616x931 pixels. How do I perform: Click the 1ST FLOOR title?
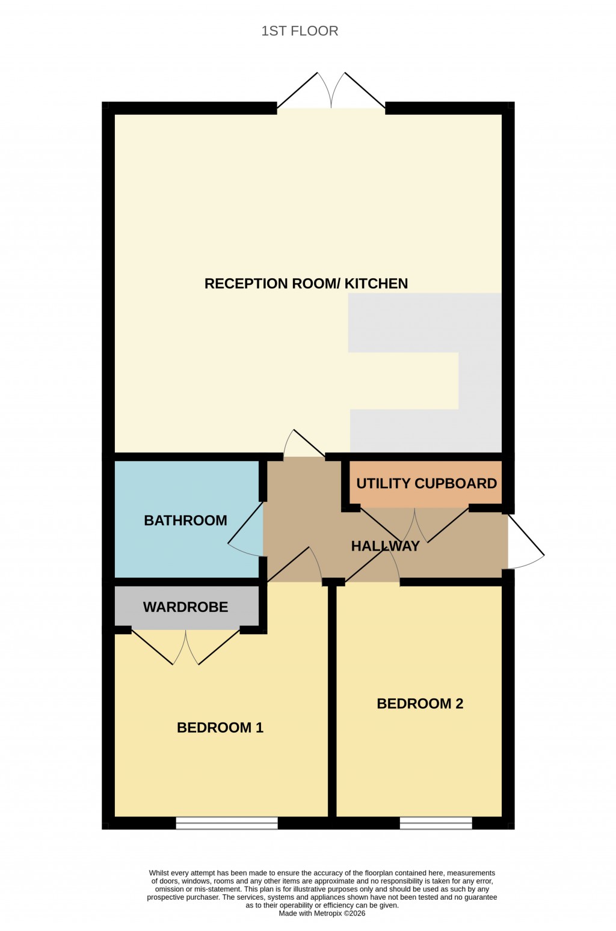300,31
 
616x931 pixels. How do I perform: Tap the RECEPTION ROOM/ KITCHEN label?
306,284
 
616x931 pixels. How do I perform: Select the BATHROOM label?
185,520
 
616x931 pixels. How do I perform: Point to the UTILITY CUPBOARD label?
427,483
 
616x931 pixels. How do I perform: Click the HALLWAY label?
385,546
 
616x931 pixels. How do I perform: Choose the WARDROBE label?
185,607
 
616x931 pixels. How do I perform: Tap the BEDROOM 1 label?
220,727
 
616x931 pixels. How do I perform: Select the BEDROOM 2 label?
420,703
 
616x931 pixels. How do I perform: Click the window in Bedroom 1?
227,823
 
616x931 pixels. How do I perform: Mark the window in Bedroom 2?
436,823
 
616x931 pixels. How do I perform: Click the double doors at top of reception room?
331,93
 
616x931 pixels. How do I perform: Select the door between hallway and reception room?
304,445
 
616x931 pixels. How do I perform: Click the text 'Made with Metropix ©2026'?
322,913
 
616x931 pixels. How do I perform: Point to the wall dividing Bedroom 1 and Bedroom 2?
331,700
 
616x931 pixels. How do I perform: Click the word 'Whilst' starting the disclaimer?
159,873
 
